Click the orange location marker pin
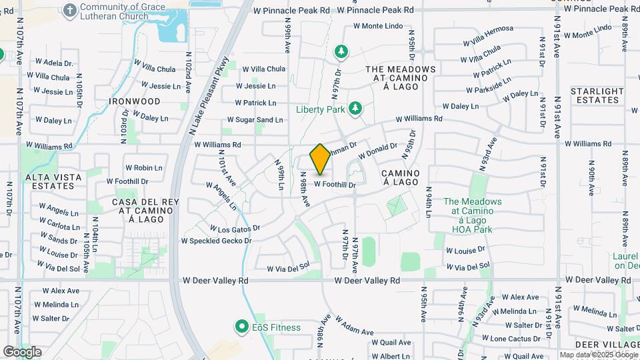[x=320, y=159]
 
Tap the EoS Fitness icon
[x=241, y=327]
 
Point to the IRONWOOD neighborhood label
[x=135, y=101]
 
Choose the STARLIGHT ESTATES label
[x=597, y=95]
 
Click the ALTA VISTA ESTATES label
[x=53, y=181]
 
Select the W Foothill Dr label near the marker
[x=335, y=184]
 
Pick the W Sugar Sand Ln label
[x=255, y=120]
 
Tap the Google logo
[x=22, y=351]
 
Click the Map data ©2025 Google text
[x=598, y=355]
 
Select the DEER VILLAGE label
[x=598, y=344]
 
